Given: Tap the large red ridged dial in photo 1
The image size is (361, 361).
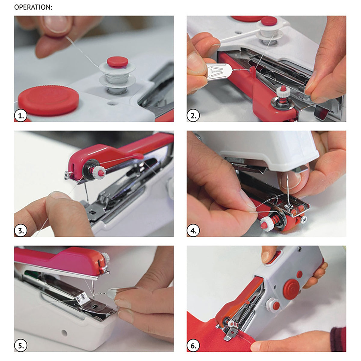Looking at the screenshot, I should (48, 100).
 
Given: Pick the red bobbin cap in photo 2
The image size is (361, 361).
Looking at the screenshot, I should (269, 21).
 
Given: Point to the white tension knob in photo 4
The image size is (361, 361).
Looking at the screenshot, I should (267, 223).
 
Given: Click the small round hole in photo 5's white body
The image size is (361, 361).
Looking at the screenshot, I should (64, 332).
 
